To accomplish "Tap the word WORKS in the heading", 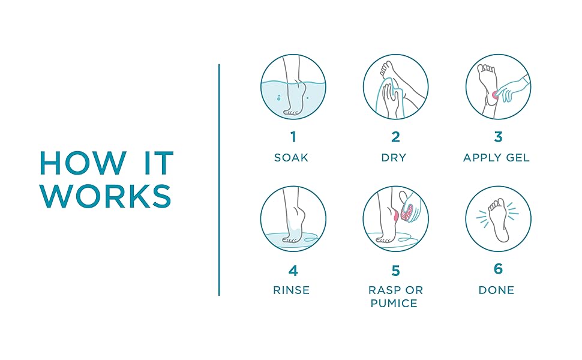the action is pyautogui.click(x=106, y=196).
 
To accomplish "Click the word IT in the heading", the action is pyautogui.click(x=159, y=163).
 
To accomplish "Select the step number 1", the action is pyautogui.click(x=293, y=137).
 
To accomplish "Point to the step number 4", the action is pyautogui.click(x=293, y=271).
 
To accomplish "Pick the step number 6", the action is pyautogui.click(x=498, y=269).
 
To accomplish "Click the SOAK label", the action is pyautogui.click(x=292, y=158).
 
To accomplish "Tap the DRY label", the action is pyautogui.click(x=394, y=158).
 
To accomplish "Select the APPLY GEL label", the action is pyautogui.click(x=496, y=158).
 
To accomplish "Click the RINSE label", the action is pyautogui.click(x=292, y=290).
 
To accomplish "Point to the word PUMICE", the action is pyautogui.click(x=394, y=303).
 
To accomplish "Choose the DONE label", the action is pyautogui.click(x=497, y=290).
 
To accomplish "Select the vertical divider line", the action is pyautogui.click(x=219, y=180).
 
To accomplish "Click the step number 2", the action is pyautogui.click(x=395, y=137).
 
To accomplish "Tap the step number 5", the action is pyautogui.click(x=395, y=271).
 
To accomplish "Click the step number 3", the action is pyautogui.click(x=498, y=137).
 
